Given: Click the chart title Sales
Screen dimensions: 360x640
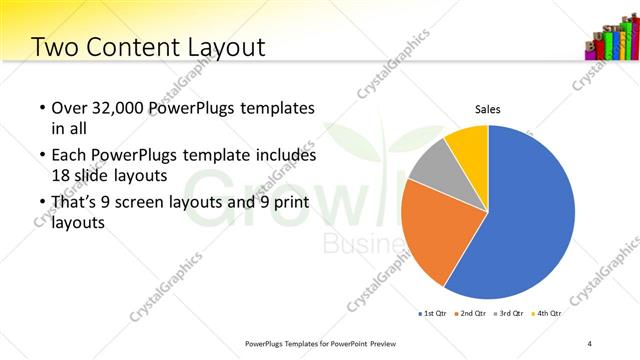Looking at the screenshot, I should click(x=487, y=109).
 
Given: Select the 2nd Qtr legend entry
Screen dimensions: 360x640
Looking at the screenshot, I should click(x=471, y=313).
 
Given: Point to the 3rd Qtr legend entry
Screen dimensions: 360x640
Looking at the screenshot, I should click(x=509, y=313).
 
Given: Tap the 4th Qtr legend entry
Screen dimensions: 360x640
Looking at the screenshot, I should click(x=546, y=313).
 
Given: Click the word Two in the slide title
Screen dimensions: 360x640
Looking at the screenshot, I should click(x=53, y=46).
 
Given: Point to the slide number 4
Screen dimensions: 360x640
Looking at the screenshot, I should click(x=590, y=343).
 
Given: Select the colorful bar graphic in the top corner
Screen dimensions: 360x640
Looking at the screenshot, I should click(x=611, y=40).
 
